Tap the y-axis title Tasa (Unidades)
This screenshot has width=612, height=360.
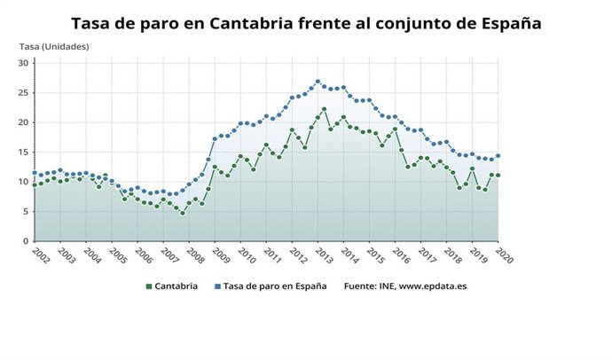point(54,46)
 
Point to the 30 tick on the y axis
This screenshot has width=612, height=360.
point(24,63)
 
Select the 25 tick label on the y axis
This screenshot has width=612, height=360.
point(24,92)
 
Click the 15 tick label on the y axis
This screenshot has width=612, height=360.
point(24,152)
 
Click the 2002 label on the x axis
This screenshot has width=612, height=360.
point(39,254)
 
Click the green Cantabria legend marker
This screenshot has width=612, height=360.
point(148,286)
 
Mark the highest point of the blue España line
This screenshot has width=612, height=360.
point(318,82)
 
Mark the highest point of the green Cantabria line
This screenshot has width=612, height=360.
point(325,109)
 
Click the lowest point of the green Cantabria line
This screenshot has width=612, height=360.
point(183,213)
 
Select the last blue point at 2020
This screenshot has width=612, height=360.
point(498,156)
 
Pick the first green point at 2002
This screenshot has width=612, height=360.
point(35,184)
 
